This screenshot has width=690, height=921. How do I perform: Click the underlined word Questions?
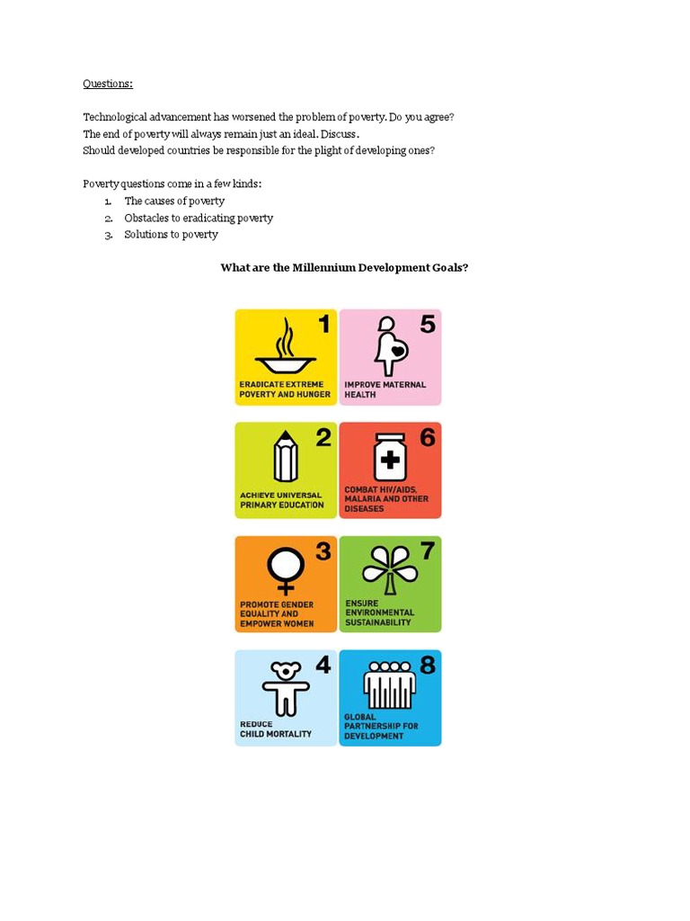pyautogui.click(x=108, y=84)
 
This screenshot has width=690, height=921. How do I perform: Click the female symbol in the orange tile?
pyautogui.click(x=286, y=570)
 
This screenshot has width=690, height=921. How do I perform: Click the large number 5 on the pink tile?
pyautogui.click(x=427, y=324)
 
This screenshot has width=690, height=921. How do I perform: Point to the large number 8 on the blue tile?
pyautogui.click(x=427, y=666)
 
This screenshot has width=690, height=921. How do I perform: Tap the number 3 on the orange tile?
pyautogui.click(x=323, y=551)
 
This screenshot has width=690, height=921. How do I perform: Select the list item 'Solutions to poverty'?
pyautogui.click(x=171, y=235)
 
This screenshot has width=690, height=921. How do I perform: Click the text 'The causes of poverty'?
pyautogui.click(x=174, y=201)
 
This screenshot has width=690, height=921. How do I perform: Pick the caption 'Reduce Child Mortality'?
pyautogui.click(x=275, y=729)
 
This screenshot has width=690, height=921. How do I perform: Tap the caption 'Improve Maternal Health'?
pyautogui.click(x=385, y=389)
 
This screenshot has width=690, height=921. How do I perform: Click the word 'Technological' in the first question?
pyautogui.click(x=115, y=117)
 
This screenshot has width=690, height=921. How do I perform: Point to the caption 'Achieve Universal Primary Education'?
pyautogui.click(x=281, y=499)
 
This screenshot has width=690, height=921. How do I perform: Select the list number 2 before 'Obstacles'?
pyautogui.click(x=107, y=219)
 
